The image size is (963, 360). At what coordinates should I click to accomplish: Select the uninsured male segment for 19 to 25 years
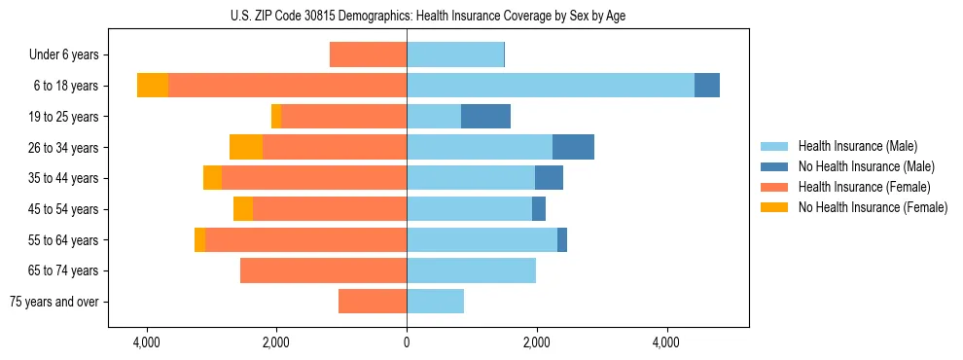coord(485,116)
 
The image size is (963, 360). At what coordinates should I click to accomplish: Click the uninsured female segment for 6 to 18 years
coord(153,86)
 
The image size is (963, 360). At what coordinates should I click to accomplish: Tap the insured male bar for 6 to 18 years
coord(551,86)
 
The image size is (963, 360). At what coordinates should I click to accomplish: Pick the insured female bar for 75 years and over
coord(373,302)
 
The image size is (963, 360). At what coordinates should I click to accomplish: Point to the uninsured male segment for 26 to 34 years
coord(573,147)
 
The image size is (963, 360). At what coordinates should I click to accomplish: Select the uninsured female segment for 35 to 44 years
coord(212,178)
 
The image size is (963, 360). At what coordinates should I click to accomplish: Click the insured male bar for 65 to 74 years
coord(471,270)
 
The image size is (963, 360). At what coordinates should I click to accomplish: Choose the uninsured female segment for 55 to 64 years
coord(199,239)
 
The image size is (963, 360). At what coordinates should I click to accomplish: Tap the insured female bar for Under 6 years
coord(368,54)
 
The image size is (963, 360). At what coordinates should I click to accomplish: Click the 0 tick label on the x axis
coord(407,342)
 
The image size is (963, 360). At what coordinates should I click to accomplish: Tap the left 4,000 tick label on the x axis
coord(147,342)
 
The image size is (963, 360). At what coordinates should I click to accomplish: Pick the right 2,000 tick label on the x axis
coord(537,342)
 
